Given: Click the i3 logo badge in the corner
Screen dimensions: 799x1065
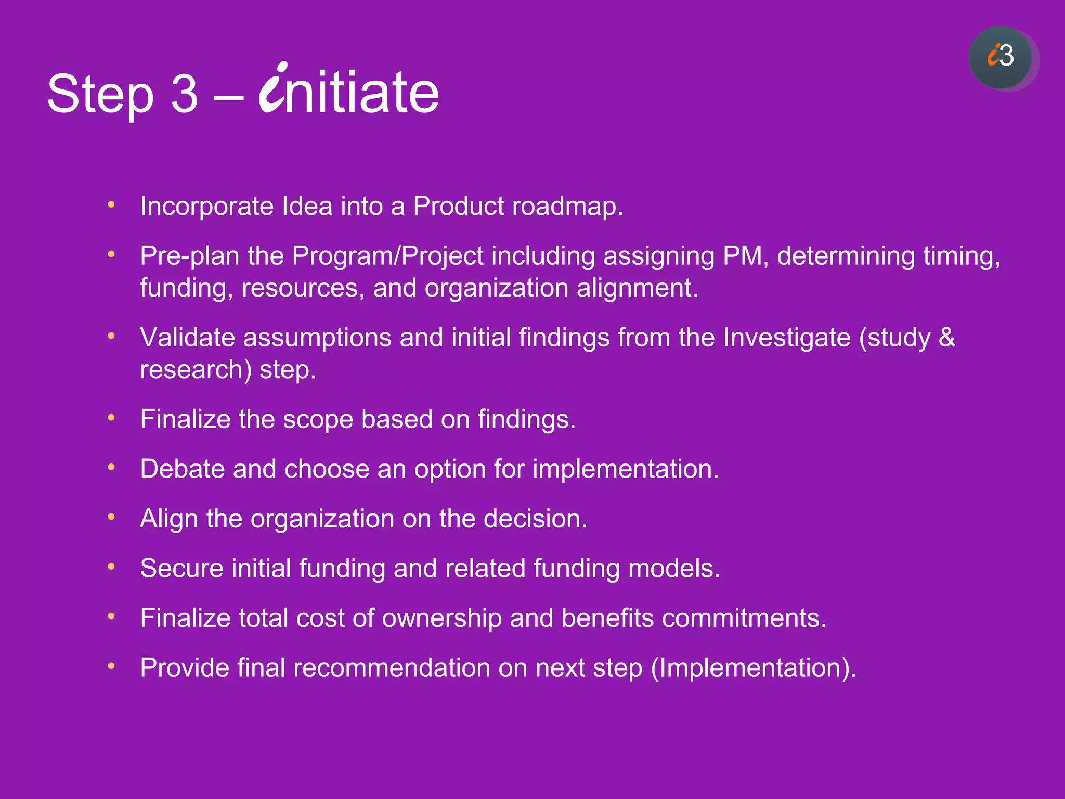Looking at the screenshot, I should click(1001, 57).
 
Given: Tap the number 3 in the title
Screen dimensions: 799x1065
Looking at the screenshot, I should click(185, 94).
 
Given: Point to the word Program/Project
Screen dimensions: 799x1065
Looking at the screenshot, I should click(387, 256).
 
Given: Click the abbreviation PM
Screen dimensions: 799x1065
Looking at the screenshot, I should click(745, 256).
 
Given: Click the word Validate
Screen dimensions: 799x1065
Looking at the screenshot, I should click(187, 338).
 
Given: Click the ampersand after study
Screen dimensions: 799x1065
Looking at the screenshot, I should click(947, 338).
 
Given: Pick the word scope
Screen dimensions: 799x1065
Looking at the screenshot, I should click(318, 420).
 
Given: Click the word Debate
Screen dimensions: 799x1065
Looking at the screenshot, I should click(182, 469).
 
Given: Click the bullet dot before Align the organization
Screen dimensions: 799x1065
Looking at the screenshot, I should click(111, 517).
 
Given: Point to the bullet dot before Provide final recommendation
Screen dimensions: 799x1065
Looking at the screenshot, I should click(111, 666).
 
